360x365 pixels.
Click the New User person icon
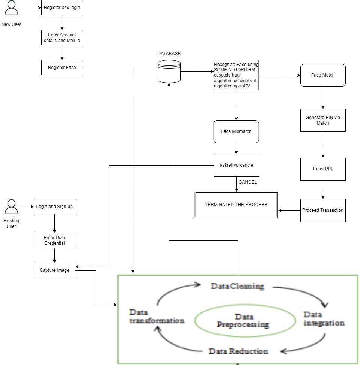[x=11, y=8]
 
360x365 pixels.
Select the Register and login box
[x=62, y=8]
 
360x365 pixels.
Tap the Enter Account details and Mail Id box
[x=62, y=38]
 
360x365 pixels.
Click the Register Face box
[x=62, y=68]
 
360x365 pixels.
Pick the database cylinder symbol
[x=169, y=71]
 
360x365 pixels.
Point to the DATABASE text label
[x=169, y=54]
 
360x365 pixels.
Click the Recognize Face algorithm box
[x=236, y=75]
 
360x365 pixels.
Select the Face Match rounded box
[x=323, y=75]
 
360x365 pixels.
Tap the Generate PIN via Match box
[x=323, y=120]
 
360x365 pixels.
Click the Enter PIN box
[x=323, y=169]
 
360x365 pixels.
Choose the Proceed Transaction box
[x=323, y=210]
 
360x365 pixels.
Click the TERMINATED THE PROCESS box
[x=236, y=205]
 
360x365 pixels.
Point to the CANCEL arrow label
[x=248, y=182]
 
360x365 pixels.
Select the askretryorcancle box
[x=236, y=165]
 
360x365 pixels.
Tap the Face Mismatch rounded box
[x=236, y=131]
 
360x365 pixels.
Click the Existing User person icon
[x=11, y=207]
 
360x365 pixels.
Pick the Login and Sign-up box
[x=54, y=207]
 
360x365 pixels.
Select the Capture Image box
[x=54, y=270]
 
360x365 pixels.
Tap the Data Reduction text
[x=238, y=351]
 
